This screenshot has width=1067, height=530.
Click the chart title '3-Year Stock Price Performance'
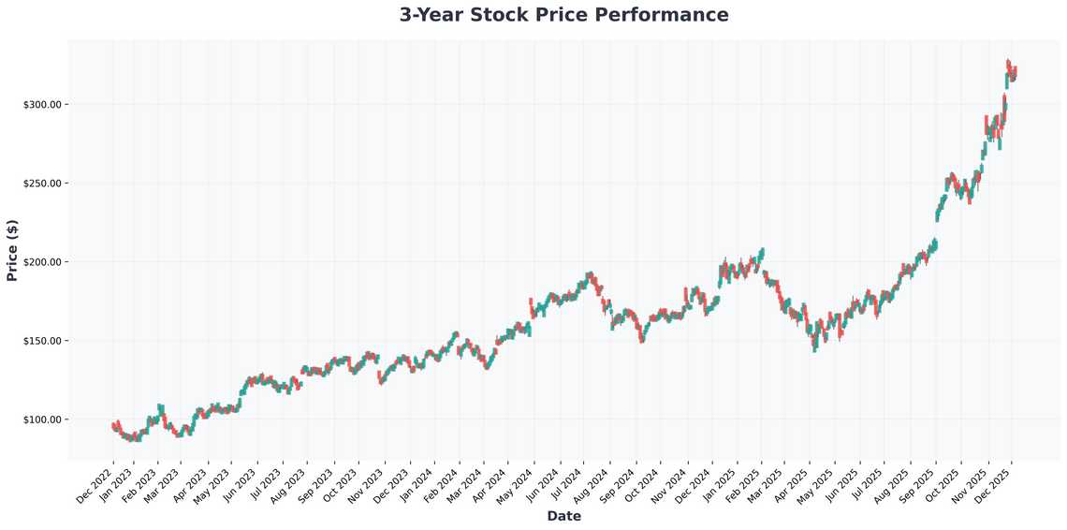click(563, 15)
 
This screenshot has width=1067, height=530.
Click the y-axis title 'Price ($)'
click(12, 250)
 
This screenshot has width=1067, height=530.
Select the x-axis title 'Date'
click(563, 516)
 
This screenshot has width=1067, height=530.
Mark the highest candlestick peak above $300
click(1008, 61)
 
